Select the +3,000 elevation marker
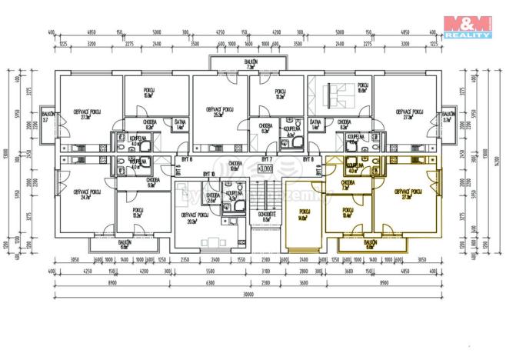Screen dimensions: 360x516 click(265, 167)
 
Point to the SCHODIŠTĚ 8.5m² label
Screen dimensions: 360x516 click(266, 218)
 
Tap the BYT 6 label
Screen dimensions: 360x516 click(183, 158)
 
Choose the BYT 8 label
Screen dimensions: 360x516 click(309, 158)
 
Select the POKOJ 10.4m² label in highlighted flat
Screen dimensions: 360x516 click(348, 212)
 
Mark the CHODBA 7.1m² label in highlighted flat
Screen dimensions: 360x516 click(345, 185)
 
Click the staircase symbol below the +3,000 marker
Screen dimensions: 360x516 click(266, 192)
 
